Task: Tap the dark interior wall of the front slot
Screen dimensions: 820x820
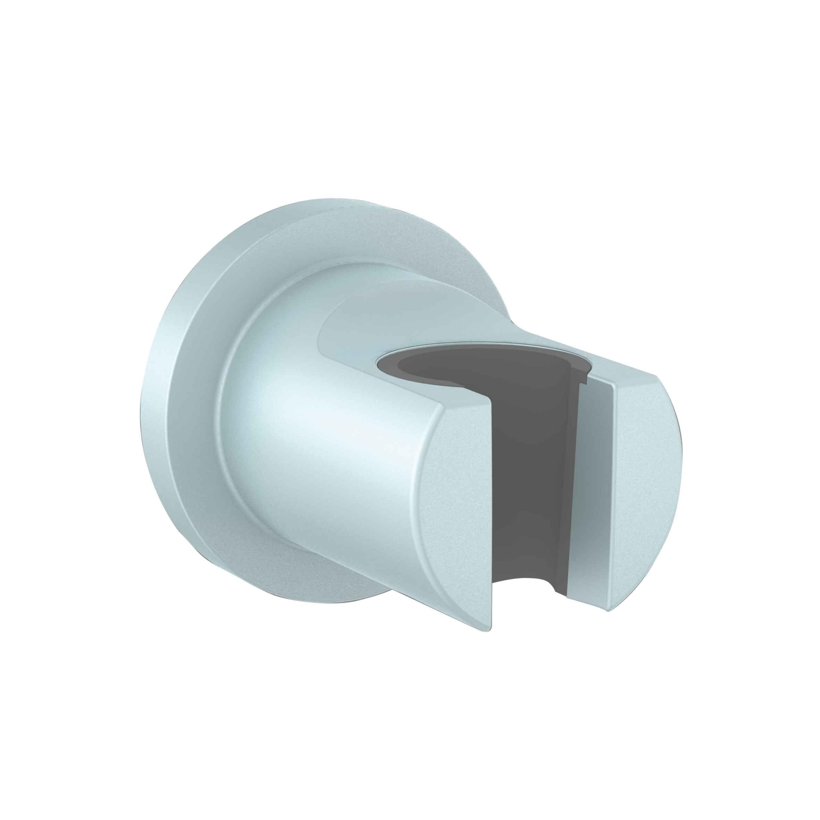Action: pos(526,488)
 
